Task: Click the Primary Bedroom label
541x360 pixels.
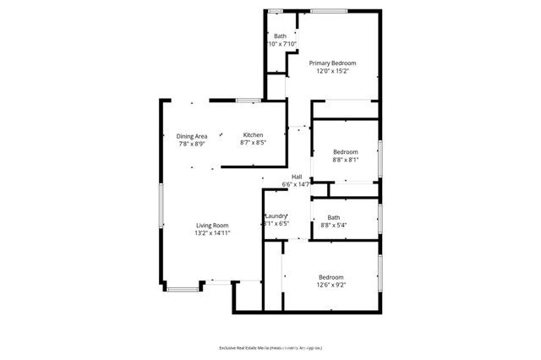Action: point(332,63)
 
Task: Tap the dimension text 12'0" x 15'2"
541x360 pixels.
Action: point(332,71)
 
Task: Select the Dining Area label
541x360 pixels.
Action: point(192,136)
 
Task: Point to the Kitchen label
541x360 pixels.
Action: point(254,135)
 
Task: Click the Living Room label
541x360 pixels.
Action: point(213,225)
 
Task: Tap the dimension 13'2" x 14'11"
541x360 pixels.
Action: point(213,233)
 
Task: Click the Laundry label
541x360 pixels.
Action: point(277,216)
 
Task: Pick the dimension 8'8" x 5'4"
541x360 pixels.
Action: point(334,226)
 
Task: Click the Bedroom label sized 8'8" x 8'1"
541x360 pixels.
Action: point(347,151)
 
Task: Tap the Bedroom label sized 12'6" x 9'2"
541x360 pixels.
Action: point(331,277)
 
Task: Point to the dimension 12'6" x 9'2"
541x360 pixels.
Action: point(331,286)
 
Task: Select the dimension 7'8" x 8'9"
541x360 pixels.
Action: point(192,145)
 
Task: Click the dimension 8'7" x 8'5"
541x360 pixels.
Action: point(254,144)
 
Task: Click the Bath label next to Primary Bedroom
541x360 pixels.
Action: point(280,35)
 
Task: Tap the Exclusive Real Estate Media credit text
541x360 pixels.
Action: point(270,347)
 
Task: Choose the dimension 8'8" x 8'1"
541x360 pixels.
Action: point(347,160)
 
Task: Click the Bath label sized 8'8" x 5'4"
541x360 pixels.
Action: point(334,217)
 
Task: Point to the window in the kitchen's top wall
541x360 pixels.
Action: point(248,101)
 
